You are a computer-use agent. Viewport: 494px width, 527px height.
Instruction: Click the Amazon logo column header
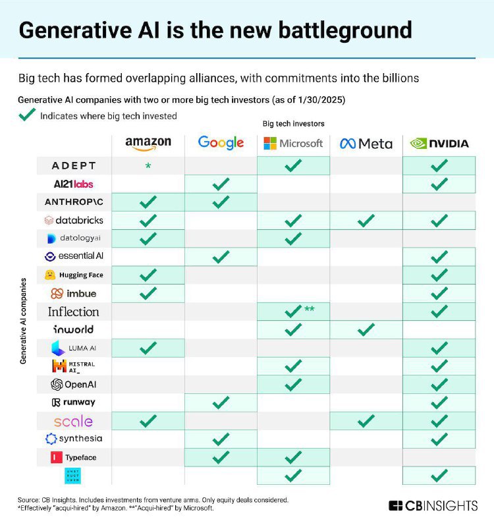click(148, 142)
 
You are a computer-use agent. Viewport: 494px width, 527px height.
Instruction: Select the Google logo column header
click(221, 142)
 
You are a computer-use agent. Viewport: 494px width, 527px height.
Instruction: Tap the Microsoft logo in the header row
click(293, 143)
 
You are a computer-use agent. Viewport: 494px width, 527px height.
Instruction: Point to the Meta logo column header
click(366, 143)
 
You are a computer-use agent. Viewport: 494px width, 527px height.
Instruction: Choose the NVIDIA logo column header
click(439, 143)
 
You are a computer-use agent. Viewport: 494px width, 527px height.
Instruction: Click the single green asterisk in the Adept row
click(148, 166)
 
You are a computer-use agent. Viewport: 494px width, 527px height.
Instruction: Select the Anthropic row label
click(73, 202)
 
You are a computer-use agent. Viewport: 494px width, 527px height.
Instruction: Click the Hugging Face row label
click(73, 275)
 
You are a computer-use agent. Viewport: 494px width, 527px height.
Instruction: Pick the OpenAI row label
click(73, 384)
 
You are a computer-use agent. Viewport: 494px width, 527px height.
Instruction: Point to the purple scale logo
click(73, 421)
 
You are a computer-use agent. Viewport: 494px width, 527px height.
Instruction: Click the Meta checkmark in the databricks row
click(366, 220)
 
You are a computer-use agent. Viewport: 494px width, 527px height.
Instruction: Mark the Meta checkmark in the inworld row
click(366, 329)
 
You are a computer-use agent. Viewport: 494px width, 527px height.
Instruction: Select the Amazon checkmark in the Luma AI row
click(148, 347)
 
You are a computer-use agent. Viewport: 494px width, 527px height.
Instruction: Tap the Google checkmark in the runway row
click(221, 402)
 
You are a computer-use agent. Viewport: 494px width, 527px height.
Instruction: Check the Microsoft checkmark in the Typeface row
click(293, 457)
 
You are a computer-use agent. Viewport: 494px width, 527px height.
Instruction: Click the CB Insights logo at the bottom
click(433, 506)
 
